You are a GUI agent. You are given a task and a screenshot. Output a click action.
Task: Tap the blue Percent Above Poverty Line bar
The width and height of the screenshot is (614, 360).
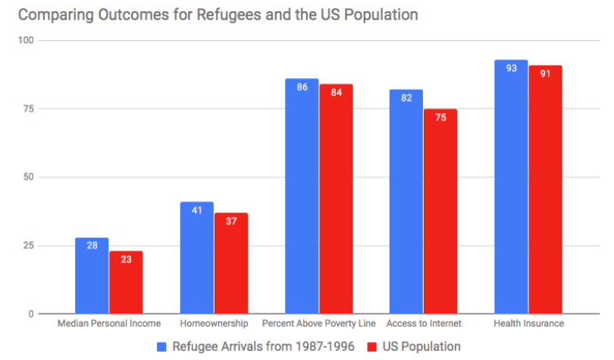pyautogui.click(x=302, y=196)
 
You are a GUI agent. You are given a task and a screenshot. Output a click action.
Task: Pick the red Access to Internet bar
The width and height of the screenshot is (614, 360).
pyautogui.click(x=440, y=211)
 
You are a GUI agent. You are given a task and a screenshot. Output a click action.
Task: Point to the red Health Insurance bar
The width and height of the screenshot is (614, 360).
pyautogui.click(x=545, y=189)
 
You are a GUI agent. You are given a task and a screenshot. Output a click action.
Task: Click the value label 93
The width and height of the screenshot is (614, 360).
pyautogui.click(x=512, y=69)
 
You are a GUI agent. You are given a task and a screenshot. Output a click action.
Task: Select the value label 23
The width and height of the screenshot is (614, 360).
pyautogui.click(x=127, y=260)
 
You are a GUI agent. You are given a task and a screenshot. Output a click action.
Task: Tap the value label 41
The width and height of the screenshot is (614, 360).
pyautogui.click(x=196, y=211)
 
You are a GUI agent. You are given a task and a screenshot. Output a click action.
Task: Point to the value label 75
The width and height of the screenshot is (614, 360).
pyautogui.click(x=440, y=118)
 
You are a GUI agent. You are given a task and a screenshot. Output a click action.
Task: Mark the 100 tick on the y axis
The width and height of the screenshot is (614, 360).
pyautogui.click(x=27, y=40)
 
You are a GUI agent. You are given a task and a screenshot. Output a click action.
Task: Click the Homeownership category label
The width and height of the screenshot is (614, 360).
pyautogui.click(x=214, y=324)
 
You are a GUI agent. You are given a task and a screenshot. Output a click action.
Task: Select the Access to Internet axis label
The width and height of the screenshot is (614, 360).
pyautogui.click(x=424, y=324)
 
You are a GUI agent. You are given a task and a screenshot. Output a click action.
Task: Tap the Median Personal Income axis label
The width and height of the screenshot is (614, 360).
pyautogui.click(x=110, y=324)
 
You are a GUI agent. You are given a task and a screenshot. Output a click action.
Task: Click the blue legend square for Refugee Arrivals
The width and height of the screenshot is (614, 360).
pyautogui.click(x=162, y=346)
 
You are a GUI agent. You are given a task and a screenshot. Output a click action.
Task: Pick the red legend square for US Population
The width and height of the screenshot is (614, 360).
pyautogui.click(x=372, y=346)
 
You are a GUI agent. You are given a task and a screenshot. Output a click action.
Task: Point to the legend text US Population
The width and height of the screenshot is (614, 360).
pyautogui.click(x=421, y=346)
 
